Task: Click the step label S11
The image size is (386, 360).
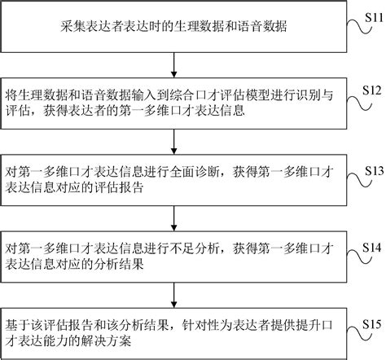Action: pyautogui.click(x=375, y=18)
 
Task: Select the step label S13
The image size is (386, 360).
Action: pyautogui.click(x=375, y=171)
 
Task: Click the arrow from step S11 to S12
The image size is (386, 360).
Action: pyautogui.click(x=174, y=65)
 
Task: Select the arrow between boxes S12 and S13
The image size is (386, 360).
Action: pyautogui.click(x=174, y=142)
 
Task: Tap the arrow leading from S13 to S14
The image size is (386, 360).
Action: pyautogui.click(x=174, y=218)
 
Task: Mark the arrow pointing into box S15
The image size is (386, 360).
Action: pyautogui.click(x=174, y=295)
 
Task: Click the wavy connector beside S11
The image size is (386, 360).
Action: pyautogui.click(x=359, y=27)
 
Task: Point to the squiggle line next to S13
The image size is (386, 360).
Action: pyautogui.click(x=359, y=180)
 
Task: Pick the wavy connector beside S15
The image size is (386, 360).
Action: pyautogui.click(x=359, y=333)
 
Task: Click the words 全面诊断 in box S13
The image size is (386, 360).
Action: pyautogui.click(x=195, y=172)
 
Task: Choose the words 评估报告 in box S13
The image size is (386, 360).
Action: pyautogui.click(x=118, y=187)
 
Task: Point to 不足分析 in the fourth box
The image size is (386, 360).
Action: pyautogui.click(x=195, y=249)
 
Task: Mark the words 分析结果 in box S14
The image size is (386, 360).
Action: pyautogui.click(x=118, y=264)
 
